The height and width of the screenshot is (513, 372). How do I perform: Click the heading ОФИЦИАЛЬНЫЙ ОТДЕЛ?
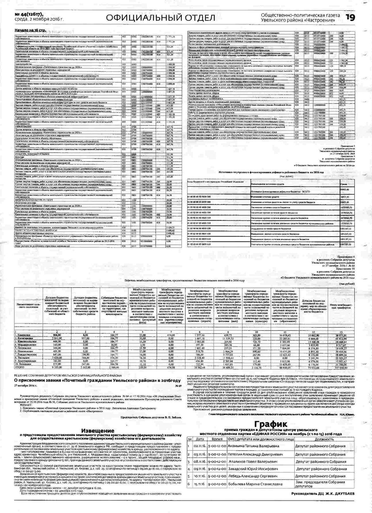coord(161,18)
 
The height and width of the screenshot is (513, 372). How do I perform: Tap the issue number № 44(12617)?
coord(28,15)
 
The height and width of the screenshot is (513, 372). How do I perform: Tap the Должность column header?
coord(324,439)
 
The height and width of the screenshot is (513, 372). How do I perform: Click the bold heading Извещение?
coord(98,430)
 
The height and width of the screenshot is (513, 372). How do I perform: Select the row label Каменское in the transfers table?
coord(24,335)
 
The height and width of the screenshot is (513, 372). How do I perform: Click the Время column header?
coord(217,439)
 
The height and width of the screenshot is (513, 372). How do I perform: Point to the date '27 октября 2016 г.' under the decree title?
coord(26,386)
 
